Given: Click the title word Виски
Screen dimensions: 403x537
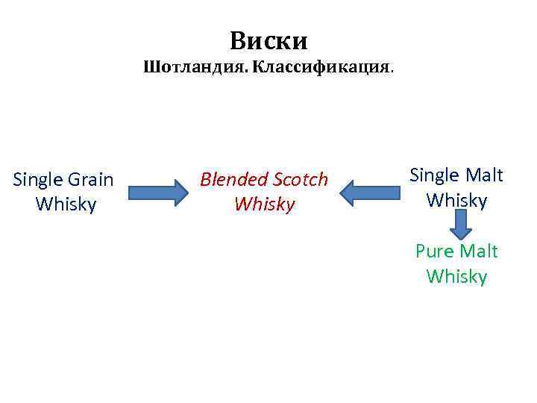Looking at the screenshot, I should tap(268, 40).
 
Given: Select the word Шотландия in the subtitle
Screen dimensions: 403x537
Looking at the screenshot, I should tap(196, 68).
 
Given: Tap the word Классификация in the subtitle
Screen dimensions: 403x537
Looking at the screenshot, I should tap(321, 68).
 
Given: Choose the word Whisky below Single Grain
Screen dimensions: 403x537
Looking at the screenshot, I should tap(66, 204).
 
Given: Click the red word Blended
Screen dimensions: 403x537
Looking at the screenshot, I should tap(233, 179).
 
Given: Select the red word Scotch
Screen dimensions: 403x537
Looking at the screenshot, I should tap(300, 179).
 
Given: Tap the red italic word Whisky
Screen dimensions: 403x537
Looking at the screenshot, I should tap(264, 204).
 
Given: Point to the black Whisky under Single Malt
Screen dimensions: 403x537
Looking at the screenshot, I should tap(456, 201).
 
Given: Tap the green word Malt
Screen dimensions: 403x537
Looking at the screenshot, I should tap(479, 252).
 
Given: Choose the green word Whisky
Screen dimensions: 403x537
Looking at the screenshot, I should tap(456, 277).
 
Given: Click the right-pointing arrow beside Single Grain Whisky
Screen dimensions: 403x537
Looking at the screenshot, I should tap(157, 193).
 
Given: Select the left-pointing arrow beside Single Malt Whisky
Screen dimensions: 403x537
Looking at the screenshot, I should tap(370, 193).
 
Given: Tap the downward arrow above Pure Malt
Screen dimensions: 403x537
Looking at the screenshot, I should tap(459, 223).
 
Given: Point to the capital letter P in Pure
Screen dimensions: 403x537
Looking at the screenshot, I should tap(421, 252).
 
